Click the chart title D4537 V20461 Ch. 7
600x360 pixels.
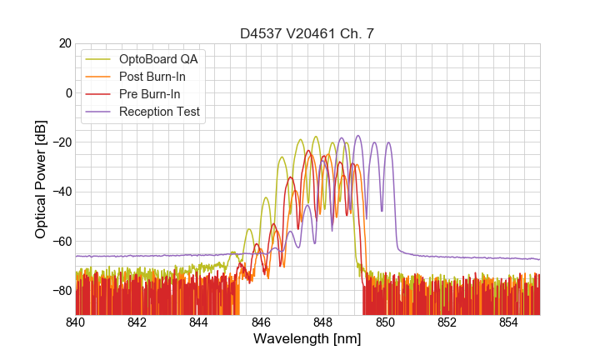point(307,34)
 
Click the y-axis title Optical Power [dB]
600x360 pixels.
point(41,179)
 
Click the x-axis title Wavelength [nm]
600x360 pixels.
point(307,339)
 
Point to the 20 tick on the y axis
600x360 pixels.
point(62,43)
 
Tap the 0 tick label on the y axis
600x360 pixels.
point(67,92)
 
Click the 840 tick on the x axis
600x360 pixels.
point(76,322)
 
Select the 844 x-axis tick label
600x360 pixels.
point(199,322)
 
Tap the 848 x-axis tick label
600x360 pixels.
point(323,322)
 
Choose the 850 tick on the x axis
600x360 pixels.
point(385,322)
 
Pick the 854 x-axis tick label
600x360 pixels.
point(509,322)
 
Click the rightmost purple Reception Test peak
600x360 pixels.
point(387,142)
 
